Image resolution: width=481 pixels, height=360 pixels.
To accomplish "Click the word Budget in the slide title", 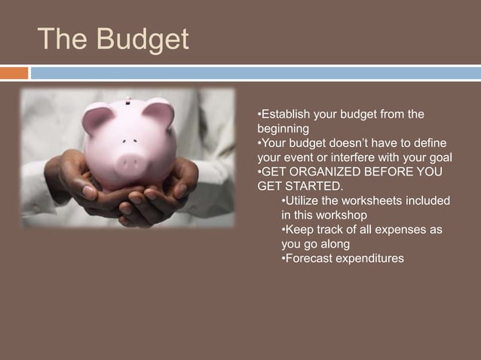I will point(143,39).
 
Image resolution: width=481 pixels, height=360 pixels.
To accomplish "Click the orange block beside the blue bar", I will point(14,73).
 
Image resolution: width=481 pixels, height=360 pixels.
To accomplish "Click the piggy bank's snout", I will point(128,160).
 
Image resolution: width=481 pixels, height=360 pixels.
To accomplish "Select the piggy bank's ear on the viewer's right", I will point(159,113).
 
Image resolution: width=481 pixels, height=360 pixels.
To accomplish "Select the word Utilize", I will point(303,200).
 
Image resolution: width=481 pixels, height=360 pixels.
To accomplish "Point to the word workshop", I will point(345,215).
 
